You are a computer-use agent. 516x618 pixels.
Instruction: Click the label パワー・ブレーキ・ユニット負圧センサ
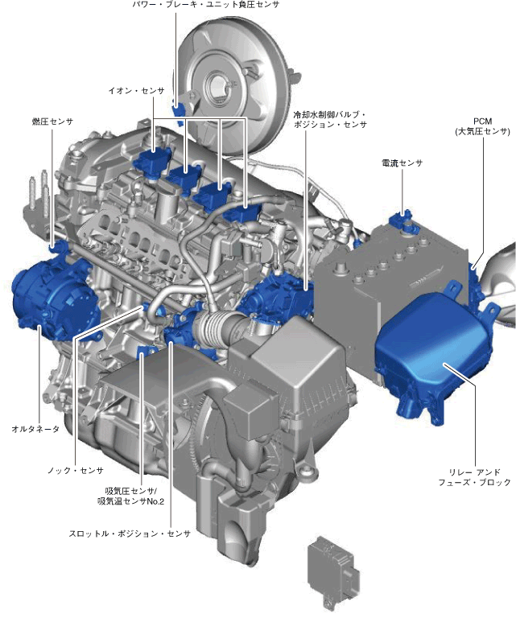206,5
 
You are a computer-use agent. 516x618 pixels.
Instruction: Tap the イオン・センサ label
136,91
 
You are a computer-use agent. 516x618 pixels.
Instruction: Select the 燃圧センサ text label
52,122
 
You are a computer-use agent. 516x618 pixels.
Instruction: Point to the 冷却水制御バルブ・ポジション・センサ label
330,119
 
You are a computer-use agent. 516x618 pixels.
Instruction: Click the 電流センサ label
402,163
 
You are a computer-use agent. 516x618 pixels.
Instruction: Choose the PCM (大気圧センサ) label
482,126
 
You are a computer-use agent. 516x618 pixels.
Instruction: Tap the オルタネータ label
35,429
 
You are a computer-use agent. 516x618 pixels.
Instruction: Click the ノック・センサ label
76,470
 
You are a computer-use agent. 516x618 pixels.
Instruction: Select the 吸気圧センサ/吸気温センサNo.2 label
130,496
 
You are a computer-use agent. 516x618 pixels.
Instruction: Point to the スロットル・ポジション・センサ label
130,534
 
